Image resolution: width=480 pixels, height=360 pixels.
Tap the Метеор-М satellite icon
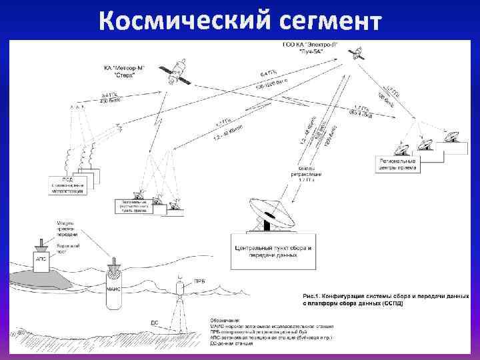174,71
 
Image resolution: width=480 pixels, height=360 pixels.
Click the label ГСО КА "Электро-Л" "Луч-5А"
310,47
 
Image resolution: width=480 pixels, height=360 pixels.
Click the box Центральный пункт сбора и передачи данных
274,251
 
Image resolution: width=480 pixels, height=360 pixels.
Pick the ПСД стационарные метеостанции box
69,185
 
